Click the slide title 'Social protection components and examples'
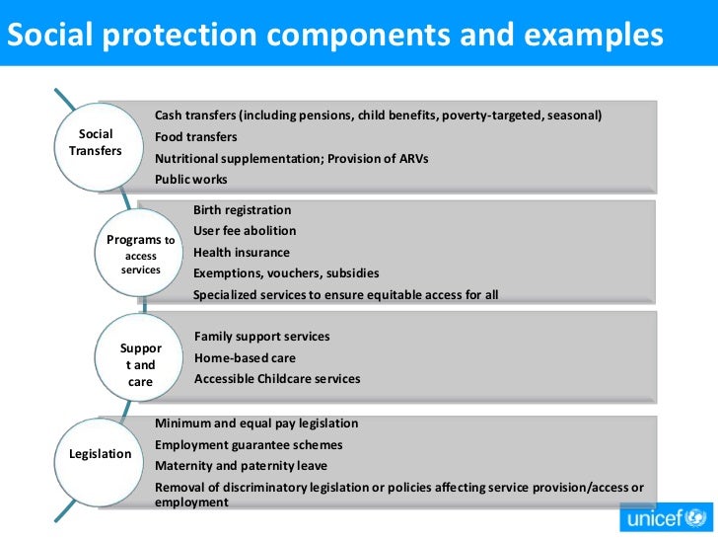(334, 35)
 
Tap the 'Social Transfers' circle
(96, 143)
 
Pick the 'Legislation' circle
(100, 454)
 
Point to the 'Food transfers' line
(196, 137)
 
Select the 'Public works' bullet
(191, 180)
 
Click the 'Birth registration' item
(243, 210)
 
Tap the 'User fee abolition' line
(245, 231)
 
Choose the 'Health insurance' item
(242, 252)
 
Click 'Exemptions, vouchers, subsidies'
(286, 273)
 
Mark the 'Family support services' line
(262, 337)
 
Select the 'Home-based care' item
(245, 357)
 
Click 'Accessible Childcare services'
(277, 379)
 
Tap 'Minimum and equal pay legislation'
(256, 423)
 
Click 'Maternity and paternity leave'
(241, 466)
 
